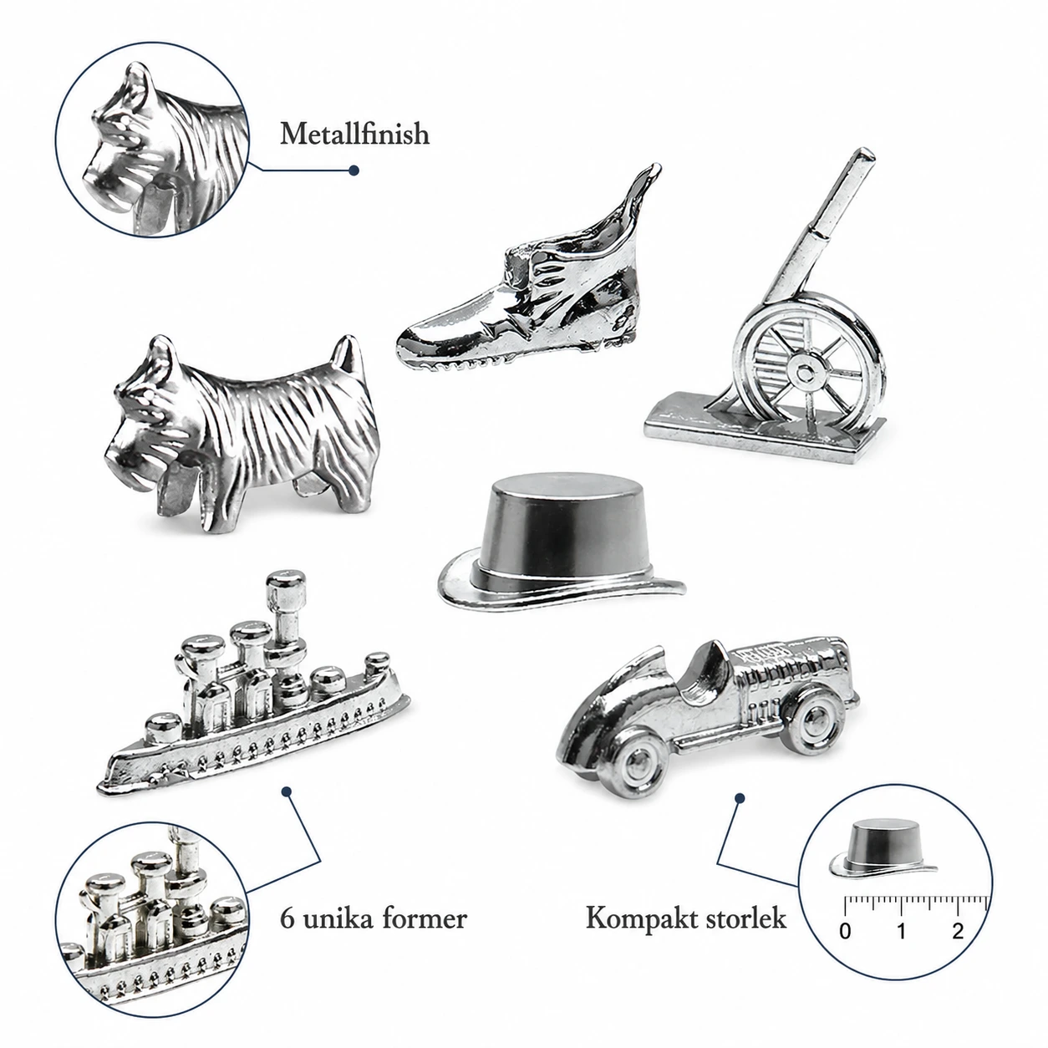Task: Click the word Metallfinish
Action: click(x=354, y=134)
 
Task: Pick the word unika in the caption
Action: click(x=337, y=918)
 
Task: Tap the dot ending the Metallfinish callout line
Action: click(x=354, y=170)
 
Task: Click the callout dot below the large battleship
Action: click(x=287, y=791)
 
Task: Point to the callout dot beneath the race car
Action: click(x=739, y=798)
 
